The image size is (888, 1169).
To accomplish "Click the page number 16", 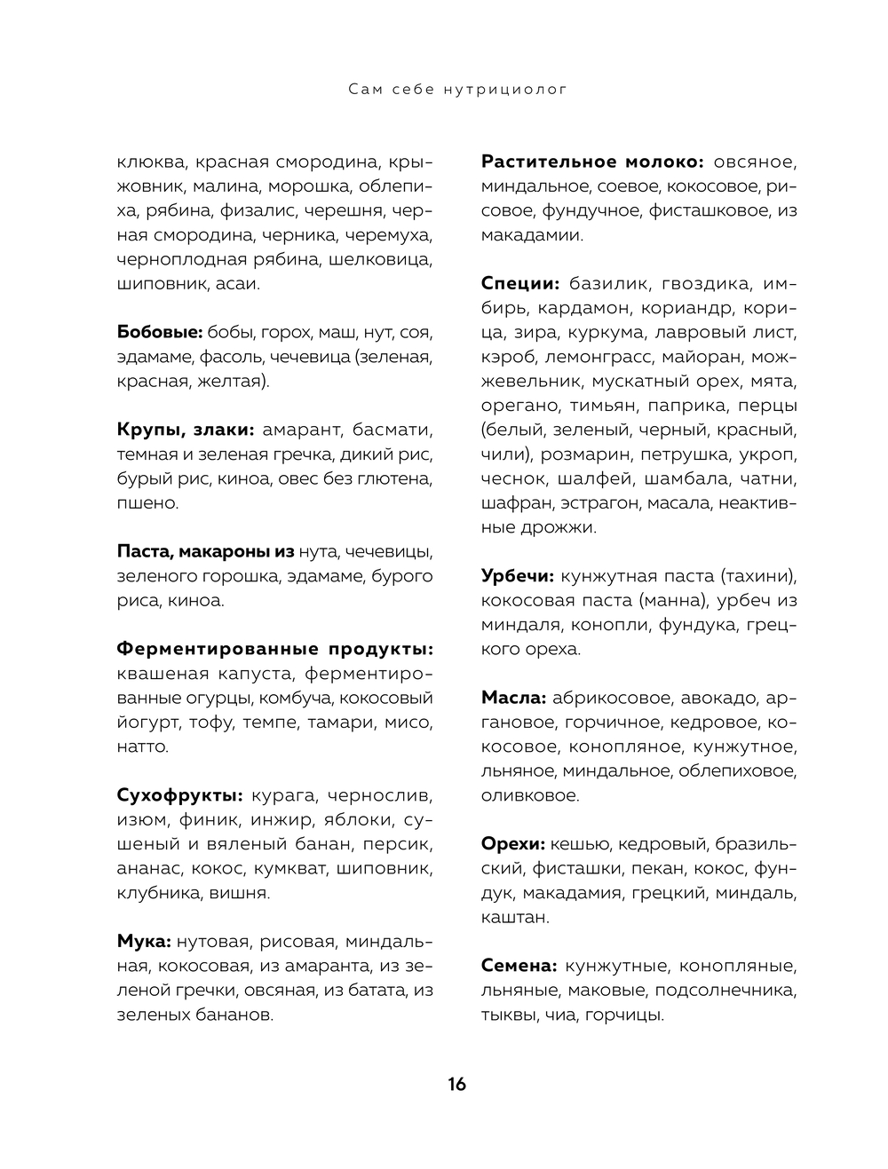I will pyautogui.click(x=456, y=1084).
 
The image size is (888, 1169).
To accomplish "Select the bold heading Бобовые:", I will pyautogui.click(x=161, y=333).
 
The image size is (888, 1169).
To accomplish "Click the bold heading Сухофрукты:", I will pyautogui.click(x=179, y=794).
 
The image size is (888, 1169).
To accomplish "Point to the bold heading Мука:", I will pyautogui.click(x=144, y=941).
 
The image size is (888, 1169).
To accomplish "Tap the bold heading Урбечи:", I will pyautogui.click(x=518, y=575).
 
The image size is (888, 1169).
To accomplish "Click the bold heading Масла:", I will pyautogui.click(x=513, y=698).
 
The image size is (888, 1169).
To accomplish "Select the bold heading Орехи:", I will pyautogui.click(x=512, y=843).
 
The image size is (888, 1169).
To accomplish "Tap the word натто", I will pyautogui.click(x=142, y=746).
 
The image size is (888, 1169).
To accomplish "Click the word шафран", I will pyautogui.click(x=517, y=503).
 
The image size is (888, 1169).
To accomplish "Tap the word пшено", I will pyautogui.click(x=147, y=503).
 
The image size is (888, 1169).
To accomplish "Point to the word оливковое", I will pyautogui.click(x=530, y=795).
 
